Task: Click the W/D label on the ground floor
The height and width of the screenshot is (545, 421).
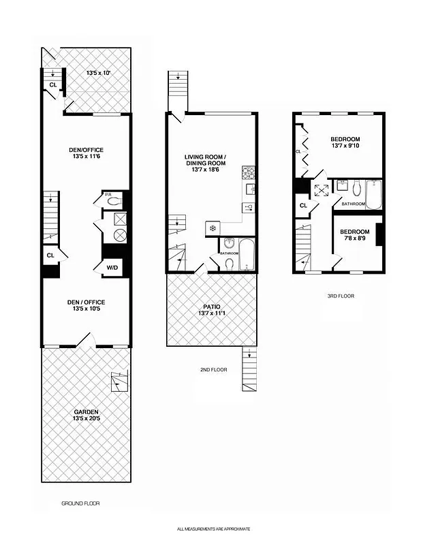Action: (112, 268)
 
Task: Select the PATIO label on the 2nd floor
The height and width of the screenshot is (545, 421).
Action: (212, 305)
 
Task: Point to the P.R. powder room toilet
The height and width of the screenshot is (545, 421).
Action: (114, 200)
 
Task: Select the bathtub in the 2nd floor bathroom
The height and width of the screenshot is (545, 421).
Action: (247, 253)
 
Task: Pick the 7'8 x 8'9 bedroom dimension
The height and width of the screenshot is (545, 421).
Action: (354, 238)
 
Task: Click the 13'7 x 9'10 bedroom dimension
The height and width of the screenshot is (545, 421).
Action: (345, 145)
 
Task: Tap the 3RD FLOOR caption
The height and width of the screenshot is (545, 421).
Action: (341, 296)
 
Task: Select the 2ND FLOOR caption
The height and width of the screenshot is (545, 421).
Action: (213, 370)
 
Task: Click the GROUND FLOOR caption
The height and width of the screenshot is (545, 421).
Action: (80, 503)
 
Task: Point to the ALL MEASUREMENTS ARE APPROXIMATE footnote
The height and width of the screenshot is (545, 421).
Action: (214, 529)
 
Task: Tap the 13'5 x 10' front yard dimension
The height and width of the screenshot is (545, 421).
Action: (98, 72)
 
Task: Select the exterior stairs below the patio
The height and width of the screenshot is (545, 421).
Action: (250, 369)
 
